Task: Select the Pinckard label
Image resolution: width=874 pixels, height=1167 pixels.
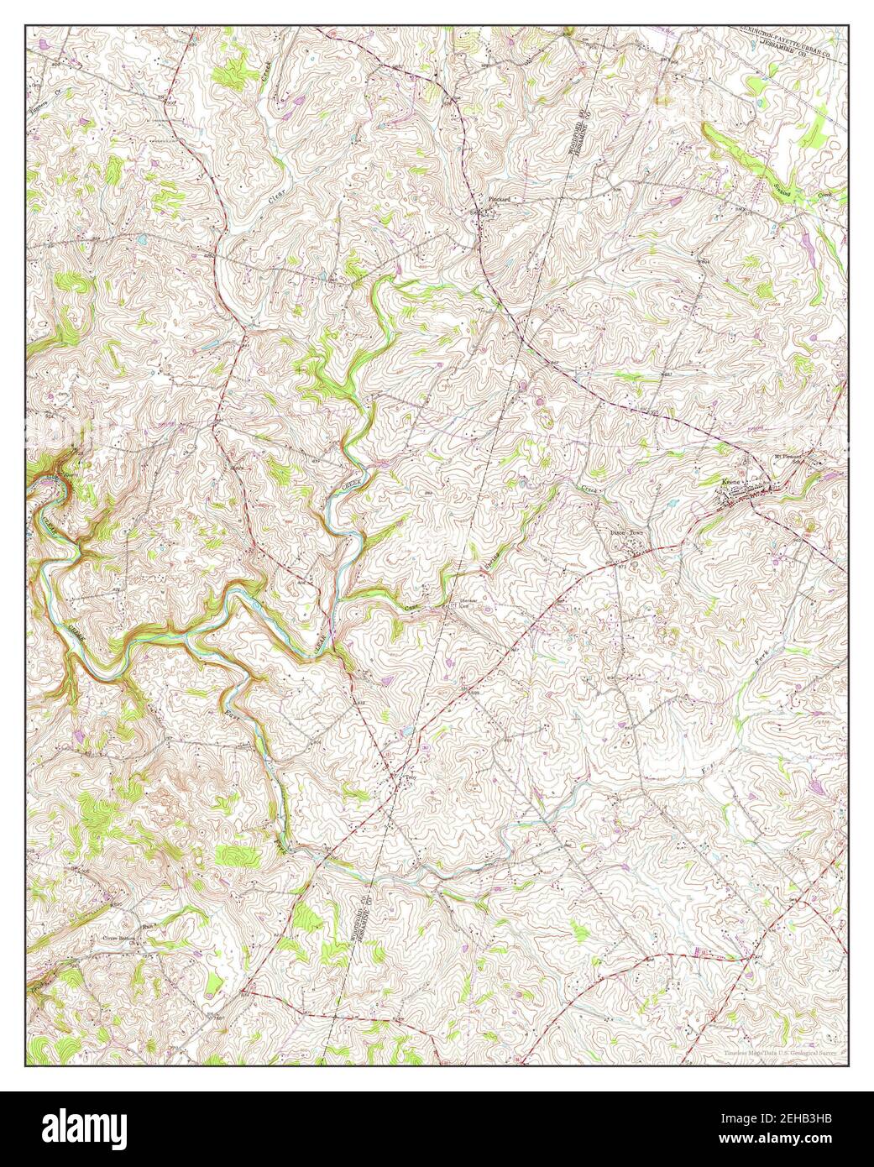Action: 500,200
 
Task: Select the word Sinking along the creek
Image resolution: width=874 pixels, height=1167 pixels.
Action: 793,184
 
